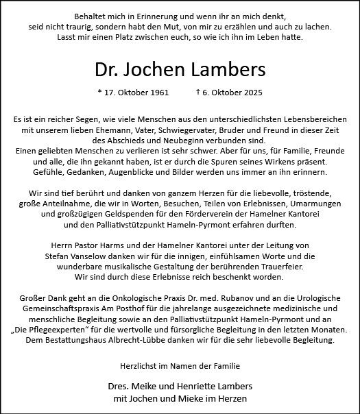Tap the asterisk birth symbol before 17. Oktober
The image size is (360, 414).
pos(100,92)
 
